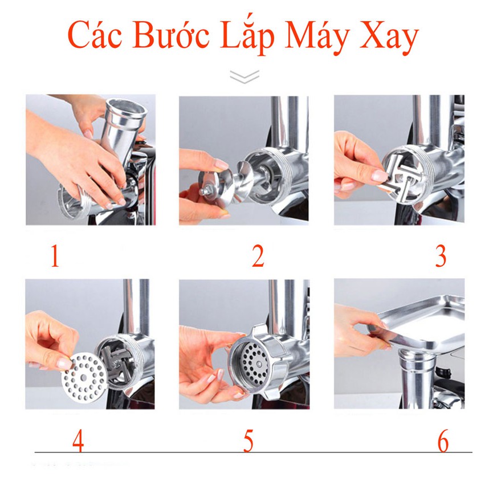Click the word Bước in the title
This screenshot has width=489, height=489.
coord(171,34)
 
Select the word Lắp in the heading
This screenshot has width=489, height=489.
coord(247,35)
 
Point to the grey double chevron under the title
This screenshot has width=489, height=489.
coord(244,76)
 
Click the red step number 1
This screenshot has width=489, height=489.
coord(55,256)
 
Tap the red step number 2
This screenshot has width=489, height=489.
coord(258,256)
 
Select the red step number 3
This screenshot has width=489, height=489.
coord(441,256)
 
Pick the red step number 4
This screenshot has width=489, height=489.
coord(78,441)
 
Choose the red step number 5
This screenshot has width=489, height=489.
coord(248,441)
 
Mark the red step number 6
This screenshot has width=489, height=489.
coord(443,441)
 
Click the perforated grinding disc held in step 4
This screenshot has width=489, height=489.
coord(84,378)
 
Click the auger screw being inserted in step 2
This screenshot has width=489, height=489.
coord(224,184)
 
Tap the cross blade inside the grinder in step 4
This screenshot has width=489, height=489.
coord(117,364)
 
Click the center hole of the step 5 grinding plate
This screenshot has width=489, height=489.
coord(259,364)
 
